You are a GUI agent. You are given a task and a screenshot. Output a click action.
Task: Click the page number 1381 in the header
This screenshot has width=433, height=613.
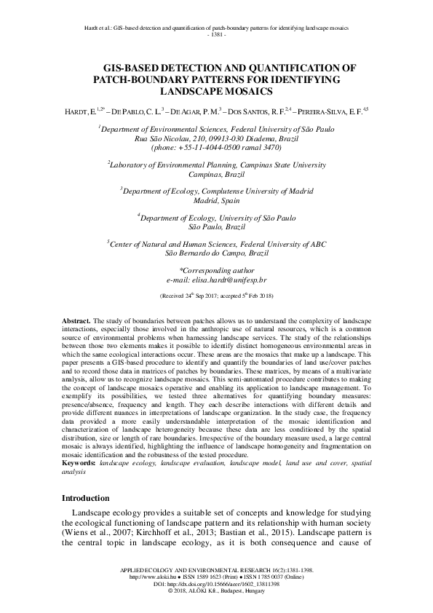click(216, 34)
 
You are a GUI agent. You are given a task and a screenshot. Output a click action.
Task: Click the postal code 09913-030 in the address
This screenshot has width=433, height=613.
click(215, 137)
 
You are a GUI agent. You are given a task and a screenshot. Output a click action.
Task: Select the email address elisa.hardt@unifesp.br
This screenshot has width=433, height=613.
click(216, 279)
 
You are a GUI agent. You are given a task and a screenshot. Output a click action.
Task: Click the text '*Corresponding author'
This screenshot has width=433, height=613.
click(216, 270)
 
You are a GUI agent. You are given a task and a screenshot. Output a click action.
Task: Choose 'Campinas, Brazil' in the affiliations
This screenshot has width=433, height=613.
click(216, 175)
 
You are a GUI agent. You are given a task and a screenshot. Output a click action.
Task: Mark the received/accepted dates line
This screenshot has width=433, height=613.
click(216, 297)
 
